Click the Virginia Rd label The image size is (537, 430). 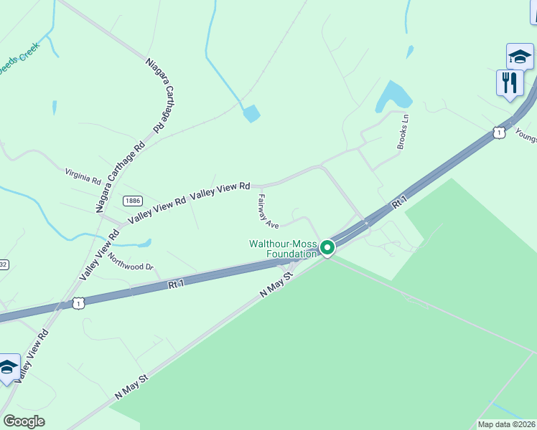[83, 176]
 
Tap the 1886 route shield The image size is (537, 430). [132, 201]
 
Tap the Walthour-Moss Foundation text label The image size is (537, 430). [283, 249]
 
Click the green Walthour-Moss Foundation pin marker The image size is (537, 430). [327, 248]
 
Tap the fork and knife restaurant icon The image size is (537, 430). [509, 82]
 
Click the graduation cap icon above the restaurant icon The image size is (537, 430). [519, 56]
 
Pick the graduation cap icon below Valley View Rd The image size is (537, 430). [8, 367]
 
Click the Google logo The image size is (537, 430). [24, 421]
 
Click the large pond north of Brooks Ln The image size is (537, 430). [391, 96]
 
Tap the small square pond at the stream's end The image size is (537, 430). [251, 113]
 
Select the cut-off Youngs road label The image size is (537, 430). [526, 136]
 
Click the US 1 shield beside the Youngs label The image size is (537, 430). [498, 132]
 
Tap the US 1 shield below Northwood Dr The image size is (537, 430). [78, 304]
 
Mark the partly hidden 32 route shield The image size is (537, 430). [3, 264]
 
